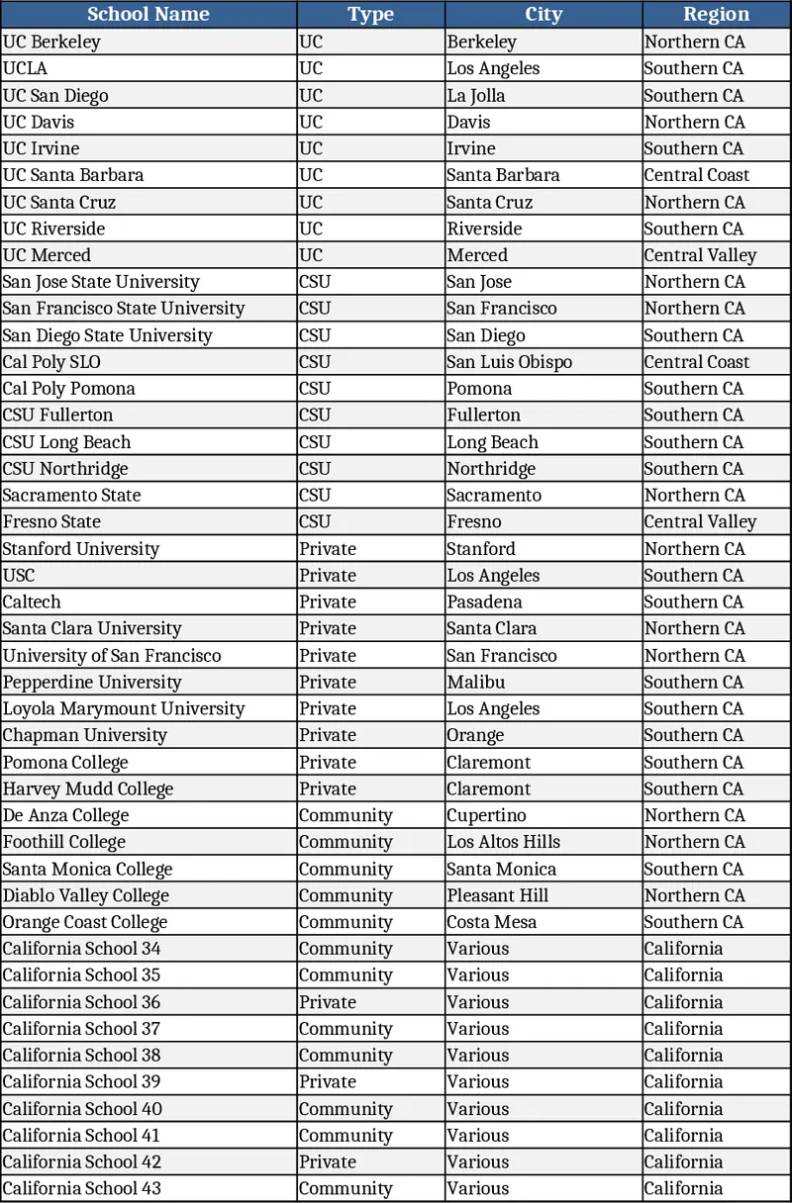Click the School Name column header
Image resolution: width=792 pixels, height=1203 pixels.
(x=148, y=14)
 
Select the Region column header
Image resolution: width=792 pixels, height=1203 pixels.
(x=716, y=14)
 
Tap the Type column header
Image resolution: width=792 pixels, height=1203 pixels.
(x=370, y=14)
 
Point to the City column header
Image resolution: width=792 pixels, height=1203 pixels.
(x=544, y=14)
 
